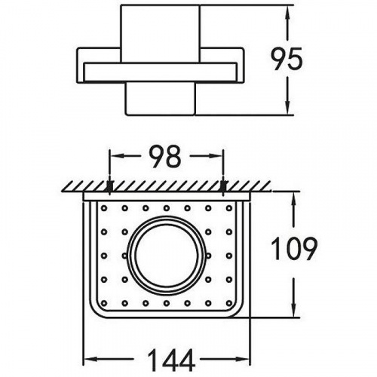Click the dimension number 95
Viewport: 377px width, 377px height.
pos(287,59)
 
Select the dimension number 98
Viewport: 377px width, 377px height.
pos(165,156)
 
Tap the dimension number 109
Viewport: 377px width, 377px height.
pos(294,248)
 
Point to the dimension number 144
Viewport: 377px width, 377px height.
pos(172,360)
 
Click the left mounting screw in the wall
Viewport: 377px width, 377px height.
pos(110,187)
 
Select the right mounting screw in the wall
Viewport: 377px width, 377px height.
pos(223,187)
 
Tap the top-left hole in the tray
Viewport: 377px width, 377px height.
pos(104,208)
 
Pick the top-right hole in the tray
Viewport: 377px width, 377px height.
pos(229,208)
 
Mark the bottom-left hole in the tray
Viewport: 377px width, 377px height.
pos(104,303)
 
